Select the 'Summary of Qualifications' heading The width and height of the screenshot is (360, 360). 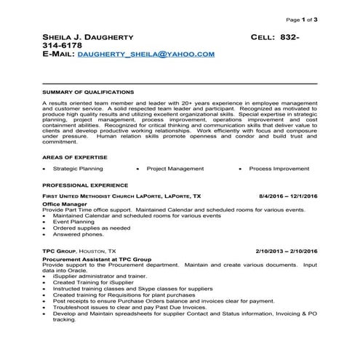point(88,92)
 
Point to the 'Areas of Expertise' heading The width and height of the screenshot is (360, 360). point(75,157)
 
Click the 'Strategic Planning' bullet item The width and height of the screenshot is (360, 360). point(78,168)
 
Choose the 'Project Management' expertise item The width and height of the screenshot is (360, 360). point(175,168)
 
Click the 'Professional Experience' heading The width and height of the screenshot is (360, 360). point(85,185)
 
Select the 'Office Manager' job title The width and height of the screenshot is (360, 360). point(64,204)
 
